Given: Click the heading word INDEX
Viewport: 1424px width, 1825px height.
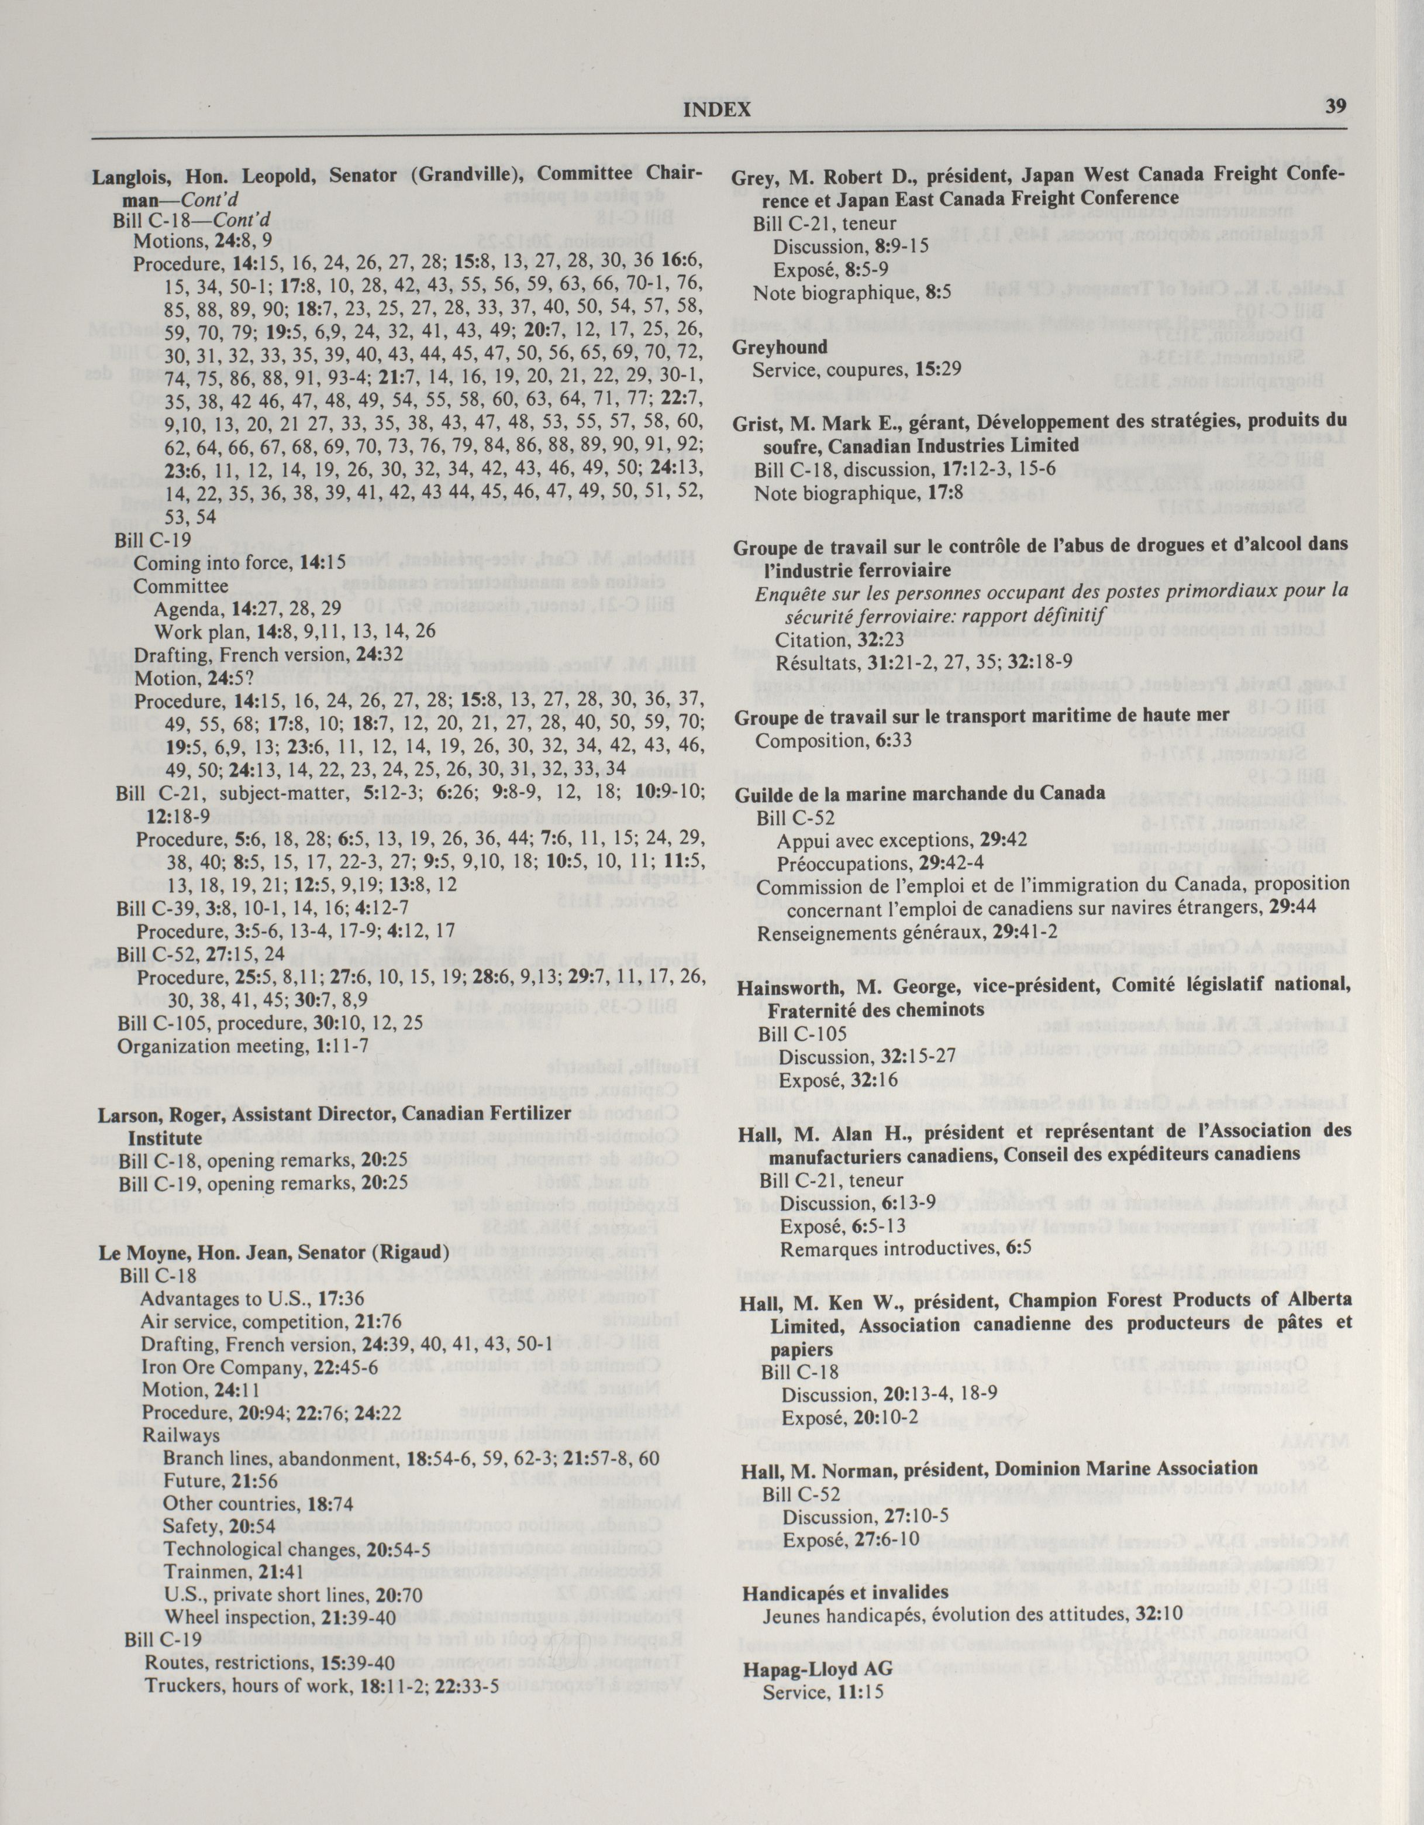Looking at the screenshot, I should click(716, 109).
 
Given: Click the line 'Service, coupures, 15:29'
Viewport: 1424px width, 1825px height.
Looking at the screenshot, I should click(856, 369).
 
